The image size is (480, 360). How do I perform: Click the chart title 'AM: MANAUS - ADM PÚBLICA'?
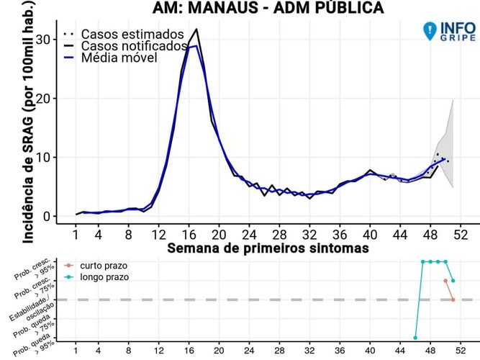point(268,9)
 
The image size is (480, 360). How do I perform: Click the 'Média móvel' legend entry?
point(119,58)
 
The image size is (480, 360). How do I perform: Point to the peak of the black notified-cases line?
point(196,30)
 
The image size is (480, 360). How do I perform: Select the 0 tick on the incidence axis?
point(45,216)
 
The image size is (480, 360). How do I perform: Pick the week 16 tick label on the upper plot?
point(189,235)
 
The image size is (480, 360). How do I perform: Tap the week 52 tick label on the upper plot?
point(461,235)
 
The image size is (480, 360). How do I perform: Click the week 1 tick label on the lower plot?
point(76,352)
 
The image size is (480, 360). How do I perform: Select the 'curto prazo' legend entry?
point(100,265)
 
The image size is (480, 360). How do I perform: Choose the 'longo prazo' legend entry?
point(100,276)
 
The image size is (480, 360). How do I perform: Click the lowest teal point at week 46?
point(415,337)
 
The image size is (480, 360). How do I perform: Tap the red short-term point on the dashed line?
point(453,300)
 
